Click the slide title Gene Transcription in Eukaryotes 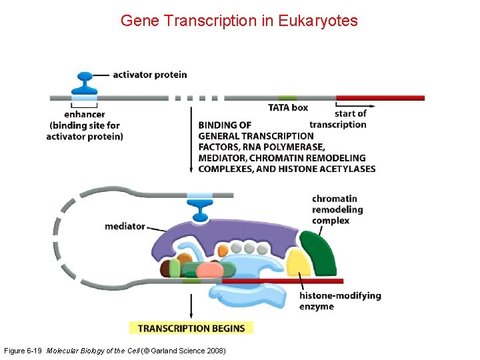(239, 21)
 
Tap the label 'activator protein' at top (149, 75)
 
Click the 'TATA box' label (288, 107)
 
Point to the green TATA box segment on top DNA (287, 98)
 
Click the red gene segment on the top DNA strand (380, 98)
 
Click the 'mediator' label (125, 226)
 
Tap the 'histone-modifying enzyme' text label (340, 301)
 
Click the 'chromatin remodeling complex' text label (337, 209)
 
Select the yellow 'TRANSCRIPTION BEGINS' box (191, 328)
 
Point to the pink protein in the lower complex (210, 270)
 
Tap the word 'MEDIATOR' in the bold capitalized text (221, 158)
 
